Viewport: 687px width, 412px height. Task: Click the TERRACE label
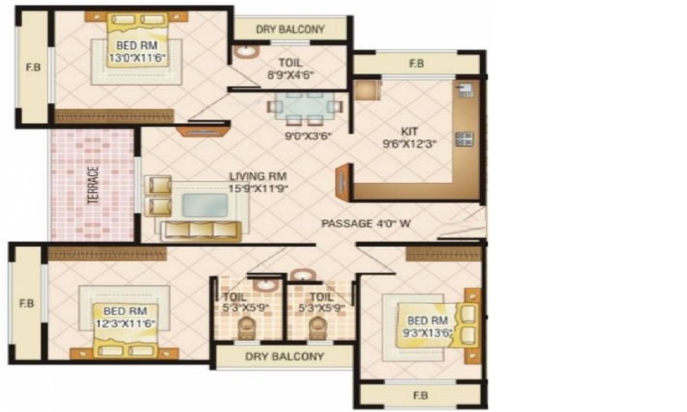pyautogui.click(x=93, y=185)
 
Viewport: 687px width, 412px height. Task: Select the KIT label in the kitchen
pyautogui.click(x=409, y=131)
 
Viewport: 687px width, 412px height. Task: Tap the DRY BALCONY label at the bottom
pyautogui.click(x=284, y=356)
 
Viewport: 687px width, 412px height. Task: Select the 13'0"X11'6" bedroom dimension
pyautogui.click(x=137, y=58)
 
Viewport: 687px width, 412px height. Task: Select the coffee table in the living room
pyautogui.click(x=205, y=205)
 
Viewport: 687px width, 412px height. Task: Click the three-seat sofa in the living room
pyautogui.click(x=201, y=229)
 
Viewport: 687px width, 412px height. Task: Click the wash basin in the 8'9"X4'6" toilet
pyautogui.click(x=244, y=51)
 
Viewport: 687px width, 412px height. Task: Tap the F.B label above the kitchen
pyautogui.click(x=416, y=63)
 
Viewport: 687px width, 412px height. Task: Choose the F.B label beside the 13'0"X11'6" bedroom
pyautogui.click(x=31, y=68)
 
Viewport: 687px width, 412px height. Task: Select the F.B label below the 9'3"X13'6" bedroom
pyautogui.click(x=420, y=396)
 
